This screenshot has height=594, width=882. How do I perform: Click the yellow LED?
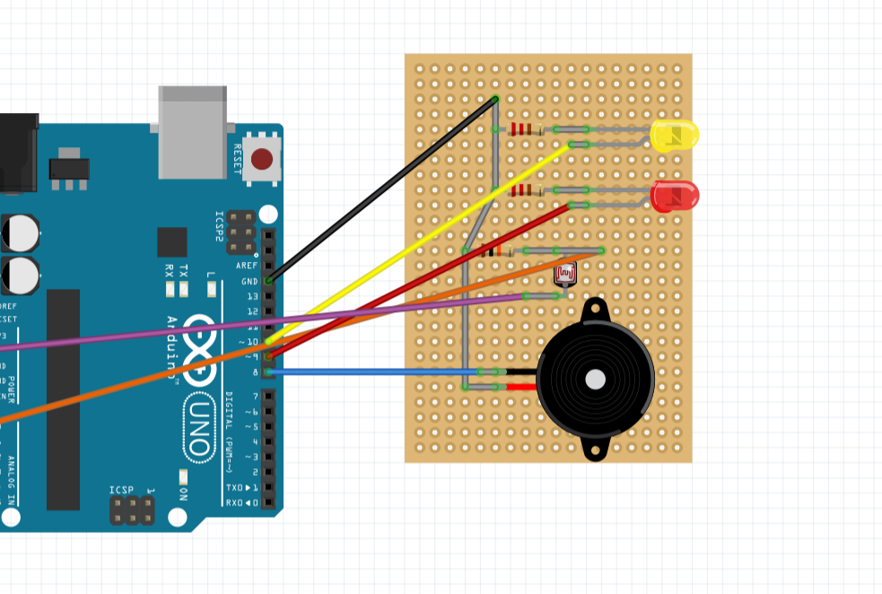click(674, 135)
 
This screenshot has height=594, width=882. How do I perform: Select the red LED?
click(675, 196)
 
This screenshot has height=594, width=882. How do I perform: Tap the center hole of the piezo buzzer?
click(595, 380)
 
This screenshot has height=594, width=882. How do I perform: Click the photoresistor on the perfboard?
click(564, 274)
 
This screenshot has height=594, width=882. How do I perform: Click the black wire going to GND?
click(381, 190)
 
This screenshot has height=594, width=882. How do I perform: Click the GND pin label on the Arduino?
click(249, 281)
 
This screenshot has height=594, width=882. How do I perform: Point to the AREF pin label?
click(246, 266)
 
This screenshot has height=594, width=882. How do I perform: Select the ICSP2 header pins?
click(239, 232)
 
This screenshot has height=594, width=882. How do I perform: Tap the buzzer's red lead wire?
click(521, 388)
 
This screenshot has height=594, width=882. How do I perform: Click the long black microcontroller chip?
click(63, 399)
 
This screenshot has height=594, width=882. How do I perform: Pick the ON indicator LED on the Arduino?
click(183, 476)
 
